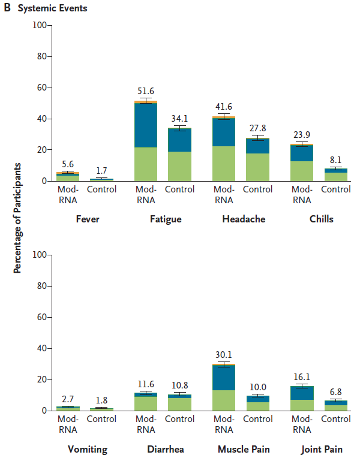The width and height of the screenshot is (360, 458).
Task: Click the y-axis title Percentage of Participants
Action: [x=17, y=218]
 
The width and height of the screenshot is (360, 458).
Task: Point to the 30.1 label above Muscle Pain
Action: [x=223, y=354]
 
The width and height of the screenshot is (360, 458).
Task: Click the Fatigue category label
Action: [x=166, y=219]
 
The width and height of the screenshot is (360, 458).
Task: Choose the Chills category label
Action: [x=322, y=219]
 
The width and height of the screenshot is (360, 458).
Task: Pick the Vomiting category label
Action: [x=88, y=449]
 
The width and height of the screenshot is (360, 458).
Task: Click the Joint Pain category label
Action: [x=322, y=449]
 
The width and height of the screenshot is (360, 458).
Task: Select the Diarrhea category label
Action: [x=166, y=449]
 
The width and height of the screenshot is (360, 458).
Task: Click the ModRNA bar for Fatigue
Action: [x=145, y=141]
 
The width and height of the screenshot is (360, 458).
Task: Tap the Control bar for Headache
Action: [x=257, y=159]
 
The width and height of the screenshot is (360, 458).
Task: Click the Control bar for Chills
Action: [x=335, y=174]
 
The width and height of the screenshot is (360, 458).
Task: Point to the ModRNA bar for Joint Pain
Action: [x=301, y=398]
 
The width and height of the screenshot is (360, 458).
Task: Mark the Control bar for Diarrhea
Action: [x=179, y=402]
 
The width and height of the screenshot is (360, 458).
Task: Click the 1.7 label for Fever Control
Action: [x=102, y=171]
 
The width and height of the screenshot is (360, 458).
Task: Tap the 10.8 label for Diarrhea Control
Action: [x=179, y=385]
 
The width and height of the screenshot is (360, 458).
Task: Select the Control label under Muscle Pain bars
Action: [x=257, y=419]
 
